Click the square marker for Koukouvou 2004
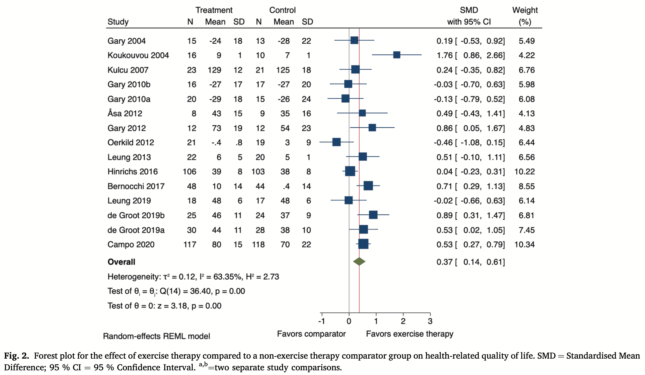coord(396,55)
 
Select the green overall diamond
coord(359,262)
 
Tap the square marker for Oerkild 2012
coord(336,142)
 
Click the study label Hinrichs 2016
coord(132,172)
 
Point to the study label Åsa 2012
coord(125,113)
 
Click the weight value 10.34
coord(525,245)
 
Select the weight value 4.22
coord(527,55)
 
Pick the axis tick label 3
coord(430,321)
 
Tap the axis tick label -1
coord(321,321)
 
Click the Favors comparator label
coord(311,334)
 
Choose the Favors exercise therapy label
coord(409,334)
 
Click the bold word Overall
coord(121,262)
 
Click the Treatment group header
coord(214,10)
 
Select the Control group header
coord(282,10)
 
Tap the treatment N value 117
coord(190,245)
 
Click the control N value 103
coord(258,172)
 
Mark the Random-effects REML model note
coord(156,336)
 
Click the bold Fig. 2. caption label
coord(17,356)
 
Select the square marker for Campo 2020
coord(363,244)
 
